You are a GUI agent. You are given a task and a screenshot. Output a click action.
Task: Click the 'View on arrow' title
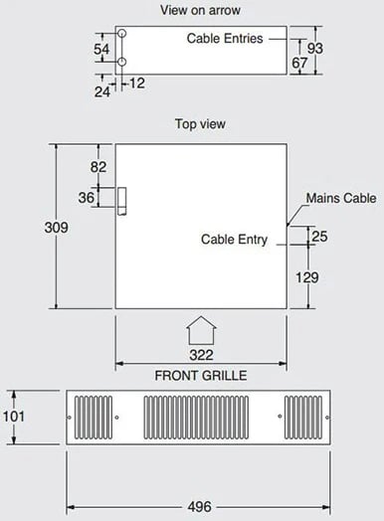(x=200, y=10)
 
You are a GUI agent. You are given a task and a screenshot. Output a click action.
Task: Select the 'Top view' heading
(x=200, y=124)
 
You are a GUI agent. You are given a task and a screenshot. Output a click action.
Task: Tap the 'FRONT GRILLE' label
(x=201, y=376)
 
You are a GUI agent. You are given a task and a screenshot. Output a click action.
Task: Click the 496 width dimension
(x=200, y=507)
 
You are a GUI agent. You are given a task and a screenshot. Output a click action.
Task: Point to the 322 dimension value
(x=201, y=355)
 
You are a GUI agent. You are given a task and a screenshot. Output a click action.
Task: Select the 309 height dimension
(x=56, y=228)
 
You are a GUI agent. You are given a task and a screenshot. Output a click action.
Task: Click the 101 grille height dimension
(x=14, y=417)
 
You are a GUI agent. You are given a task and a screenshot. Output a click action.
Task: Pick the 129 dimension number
(x=306, y=277)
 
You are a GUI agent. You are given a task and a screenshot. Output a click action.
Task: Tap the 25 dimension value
(x=319, y=237)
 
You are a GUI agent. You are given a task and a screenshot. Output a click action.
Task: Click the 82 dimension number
(x=98, y=167)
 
